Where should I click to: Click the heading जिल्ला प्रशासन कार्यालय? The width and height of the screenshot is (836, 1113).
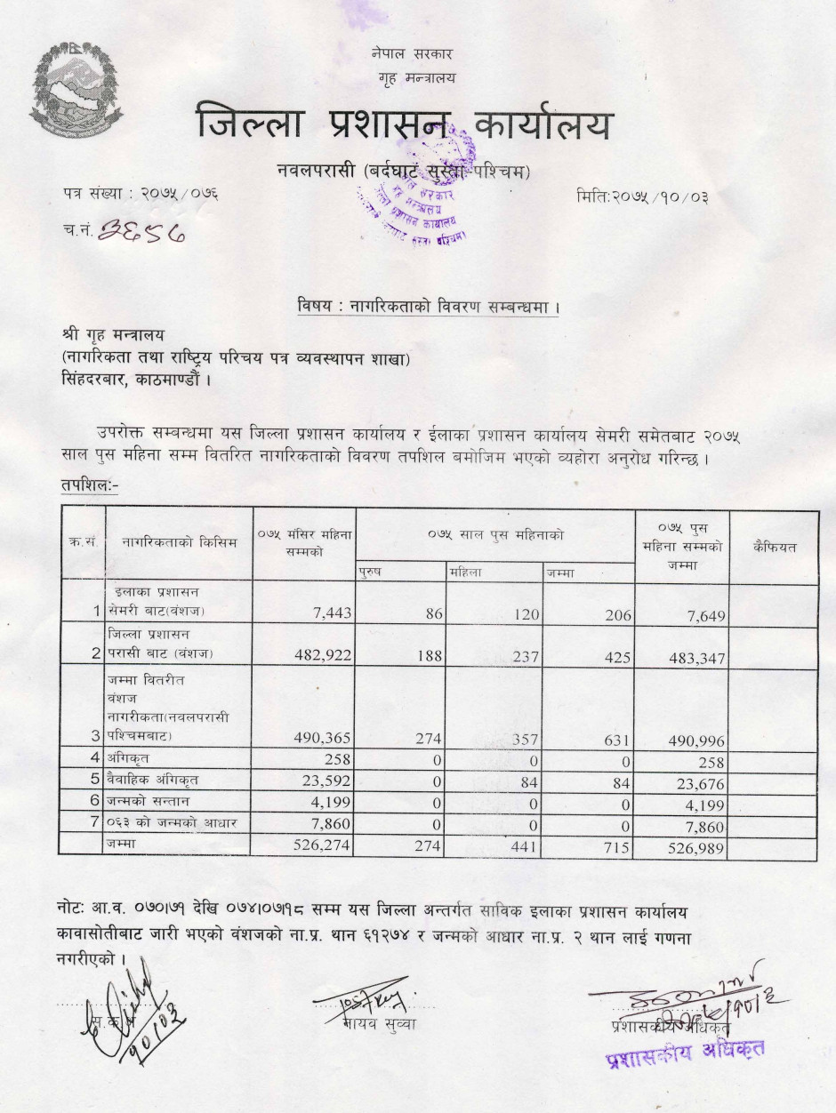click(x=405, y=124)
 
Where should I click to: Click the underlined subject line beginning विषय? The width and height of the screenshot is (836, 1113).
click(x=429, y=307)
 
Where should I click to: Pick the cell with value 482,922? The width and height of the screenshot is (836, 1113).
click(x=322, y=656)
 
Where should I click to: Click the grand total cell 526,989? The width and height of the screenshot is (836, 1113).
click(x=696, y=849)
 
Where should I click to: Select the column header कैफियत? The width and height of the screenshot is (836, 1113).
click(x=774, y=547)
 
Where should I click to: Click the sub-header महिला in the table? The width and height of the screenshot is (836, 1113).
click(x=465, y=573)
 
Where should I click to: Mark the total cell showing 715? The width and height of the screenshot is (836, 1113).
click(x=617, y=848)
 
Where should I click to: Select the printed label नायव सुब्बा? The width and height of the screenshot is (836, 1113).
click(x=378, y=1023)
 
